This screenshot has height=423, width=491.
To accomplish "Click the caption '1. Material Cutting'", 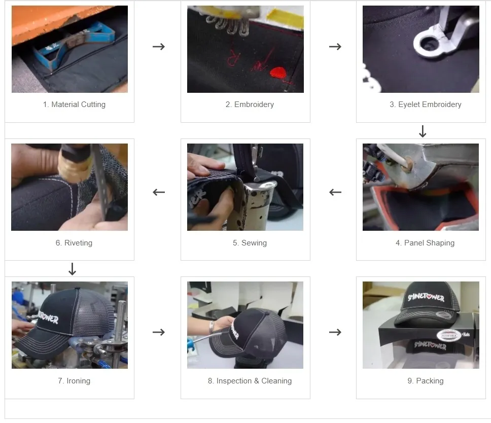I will (x=74, y=104).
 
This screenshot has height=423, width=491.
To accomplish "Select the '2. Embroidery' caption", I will (x=250, y=104).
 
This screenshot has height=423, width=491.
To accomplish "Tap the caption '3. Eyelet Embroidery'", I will (x=425, y=104).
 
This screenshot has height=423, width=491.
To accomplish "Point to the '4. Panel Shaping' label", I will (x=425, y=243).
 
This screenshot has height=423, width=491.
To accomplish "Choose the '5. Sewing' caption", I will (x=250, y=243).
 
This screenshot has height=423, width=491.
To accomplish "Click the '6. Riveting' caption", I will (x=74, y=243).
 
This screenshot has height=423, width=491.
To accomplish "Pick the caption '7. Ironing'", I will (x=74, y=381).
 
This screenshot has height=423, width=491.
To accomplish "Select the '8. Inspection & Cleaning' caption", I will (x=250, y=381).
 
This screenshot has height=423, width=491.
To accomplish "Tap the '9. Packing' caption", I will (x=425, y=381).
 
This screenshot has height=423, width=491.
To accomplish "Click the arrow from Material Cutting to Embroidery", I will (x=159, y=47).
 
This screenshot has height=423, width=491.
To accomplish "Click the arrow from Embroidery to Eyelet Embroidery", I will (x=335, y=47).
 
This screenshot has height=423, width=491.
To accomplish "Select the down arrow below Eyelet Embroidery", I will (x=423, y=132).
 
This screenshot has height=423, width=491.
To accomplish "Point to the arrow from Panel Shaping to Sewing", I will (x=335, y=192).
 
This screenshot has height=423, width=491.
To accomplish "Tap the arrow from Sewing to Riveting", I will (x=159, y=192).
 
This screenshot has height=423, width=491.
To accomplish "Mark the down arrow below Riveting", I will (x=72, y=269).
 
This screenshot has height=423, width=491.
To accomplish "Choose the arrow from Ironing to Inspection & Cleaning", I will (x=159, y=332).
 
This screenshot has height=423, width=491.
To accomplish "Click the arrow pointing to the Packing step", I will (x=335, y=332).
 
